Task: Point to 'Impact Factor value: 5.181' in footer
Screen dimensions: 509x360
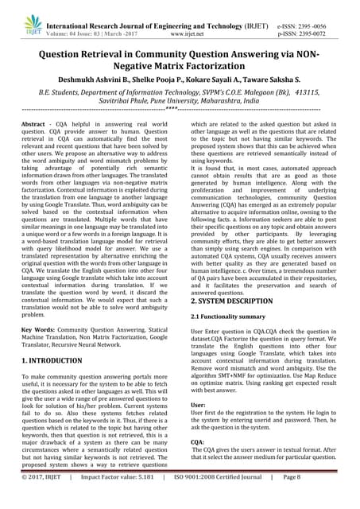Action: pos(123,498)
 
